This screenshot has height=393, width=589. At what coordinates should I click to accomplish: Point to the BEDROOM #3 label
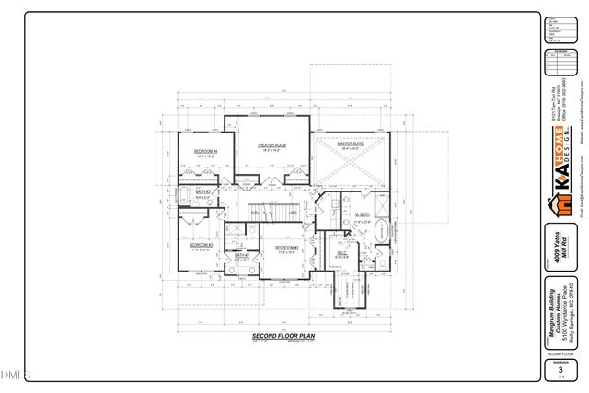[x=201, y=245]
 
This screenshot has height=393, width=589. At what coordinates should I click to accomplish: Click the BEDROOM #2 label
[x=287, y=247]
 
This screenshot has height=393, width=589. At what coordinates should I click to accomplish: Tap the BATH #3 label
[x=203, y=192]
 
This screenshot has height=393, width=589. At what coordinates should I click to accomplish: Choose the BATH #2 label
[x=241, y=256]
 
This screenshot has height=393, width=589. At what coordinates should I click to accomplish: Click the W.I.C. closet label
[x=341, y=254]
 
